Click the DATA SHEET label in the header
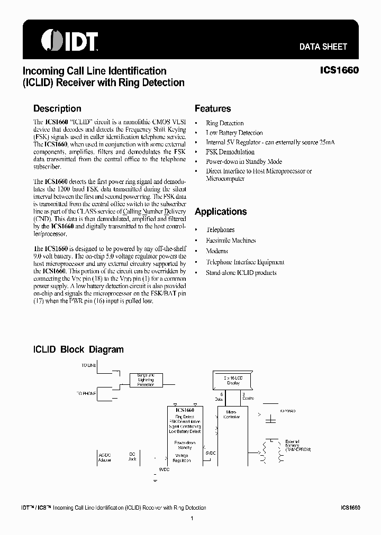tap(323, 47)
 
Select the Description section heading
tap(57, 108)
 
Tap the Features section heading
tap(213, 108)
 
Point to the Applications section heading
tap(221, 211)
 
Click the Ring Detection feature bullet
tap(224, 123)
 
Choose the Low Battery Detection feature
tap(234, 133)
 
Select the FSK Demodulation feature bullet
tap(230, 152)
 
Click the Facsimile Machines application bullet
tap(231, 241)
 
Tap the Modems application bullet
tap(217, 251)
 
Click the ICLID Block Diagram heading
tap(78, 349)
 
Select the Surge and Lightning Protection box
tap(146, 380)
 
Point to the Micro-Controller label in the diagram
tap(233, 414)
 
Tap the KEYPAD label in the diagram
tap(287, 410)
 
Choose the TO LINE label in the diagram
tap(89, 365)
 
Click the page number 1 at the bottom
tap(192, 519)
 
